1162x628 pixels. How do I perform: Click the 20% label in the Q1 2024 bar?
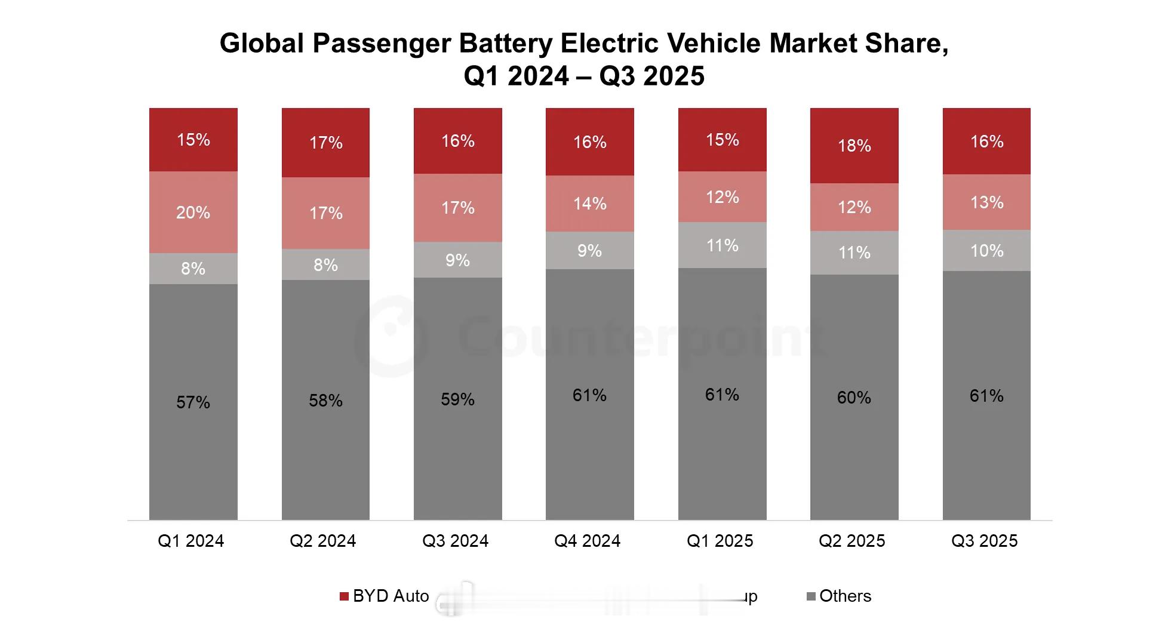pos(193,213)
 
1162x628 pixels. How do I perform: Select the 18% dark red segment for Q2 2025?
pos(854,146)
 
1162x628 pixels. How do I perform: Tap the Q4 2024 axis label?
pos(588,541)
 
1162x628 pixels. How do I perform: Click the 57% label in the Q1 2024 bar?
pos(193,402)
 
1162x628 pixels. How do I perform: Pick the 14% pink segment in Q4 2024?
pos(590,204)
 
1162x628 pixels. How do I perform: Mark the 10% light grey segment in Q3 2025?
pos(986,251)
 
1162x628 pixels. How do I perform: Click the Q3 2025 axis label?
pos(984,541)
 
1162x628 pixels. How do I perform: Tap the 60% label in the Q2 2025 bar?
pos(854,398)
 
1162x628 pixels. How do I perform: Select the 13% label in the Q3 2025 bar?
pos(986,202)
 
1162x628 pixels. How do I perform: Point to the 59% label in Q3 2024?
pos(457,399)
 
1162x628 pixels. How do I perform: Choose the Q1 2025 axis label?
pos(720,541)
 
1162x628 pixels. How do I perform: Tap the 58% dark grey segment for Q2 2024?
pos(325,400)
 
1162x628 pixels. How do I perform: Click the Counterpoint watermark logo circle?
pos(391,337)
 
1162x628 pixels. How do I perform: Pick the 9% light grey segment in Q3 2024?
pos(457,260)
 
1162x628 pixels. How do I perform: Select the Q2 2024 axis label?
pos(322,541)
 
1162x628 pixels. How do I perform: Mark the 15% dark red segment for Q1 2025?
pos(722,140)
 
